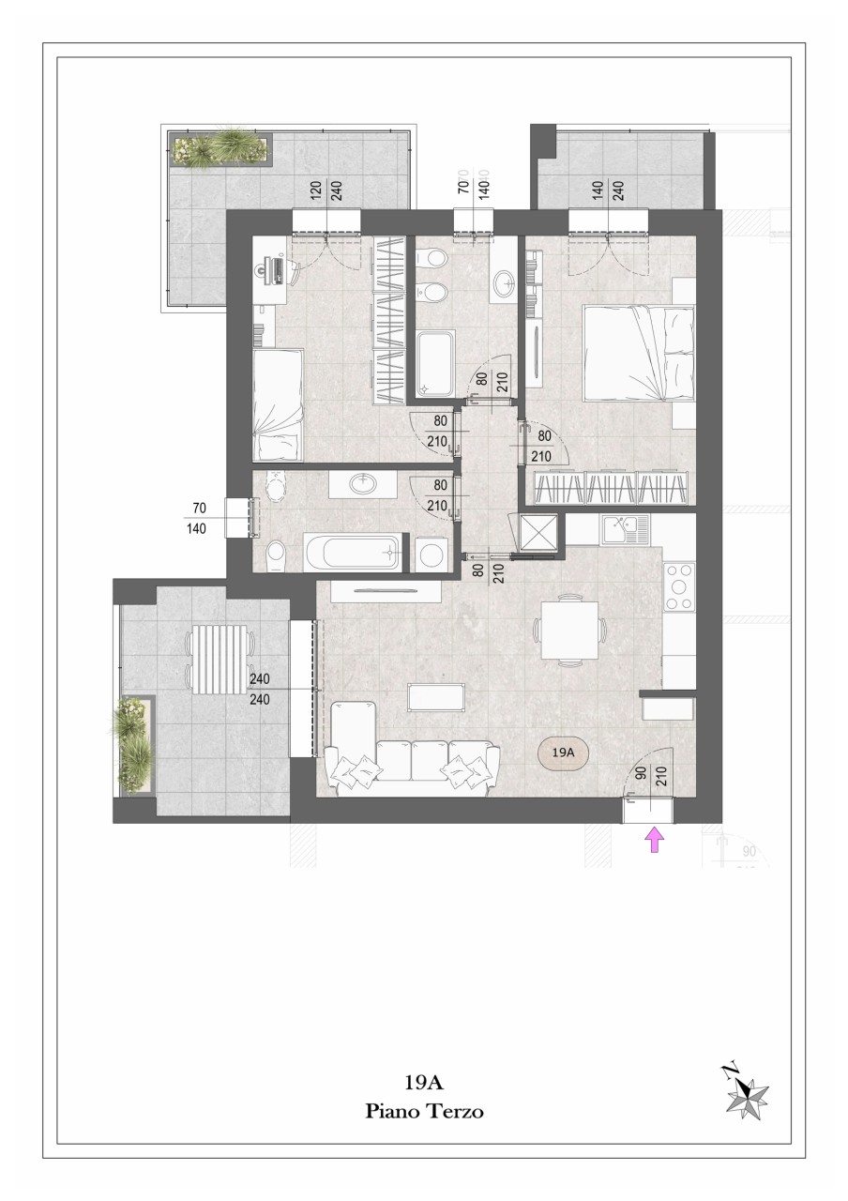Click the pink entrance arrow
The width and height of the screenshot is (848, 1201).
click(655, 840)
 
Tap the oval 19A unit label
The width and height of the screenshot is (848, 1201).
click(563, 753)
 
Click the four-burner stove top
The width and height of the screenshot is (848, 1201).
click(679, 587)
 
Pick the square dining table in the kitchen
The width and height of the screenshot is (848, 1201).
click(569, 630)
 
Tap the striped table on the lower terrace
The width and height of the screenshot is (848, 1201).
click(220, 660)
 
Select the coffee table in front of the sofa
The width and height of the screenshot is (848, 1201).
click(436, 697)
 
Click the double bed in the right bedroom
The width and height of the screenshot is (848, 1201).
click(640, 352)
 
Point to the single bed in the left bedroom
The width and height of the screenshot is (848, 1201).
click(279, 404)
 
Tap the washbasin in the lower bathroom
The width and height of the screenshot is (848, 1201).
click(363, 483)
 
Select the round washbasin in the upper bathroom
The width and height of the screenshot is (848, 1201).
click(504, 283)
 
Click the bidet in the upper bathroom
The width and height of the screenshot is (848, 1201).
click(432, 291)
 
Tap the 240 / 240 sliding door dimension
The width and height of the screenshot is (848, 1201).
click(260, 689)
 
